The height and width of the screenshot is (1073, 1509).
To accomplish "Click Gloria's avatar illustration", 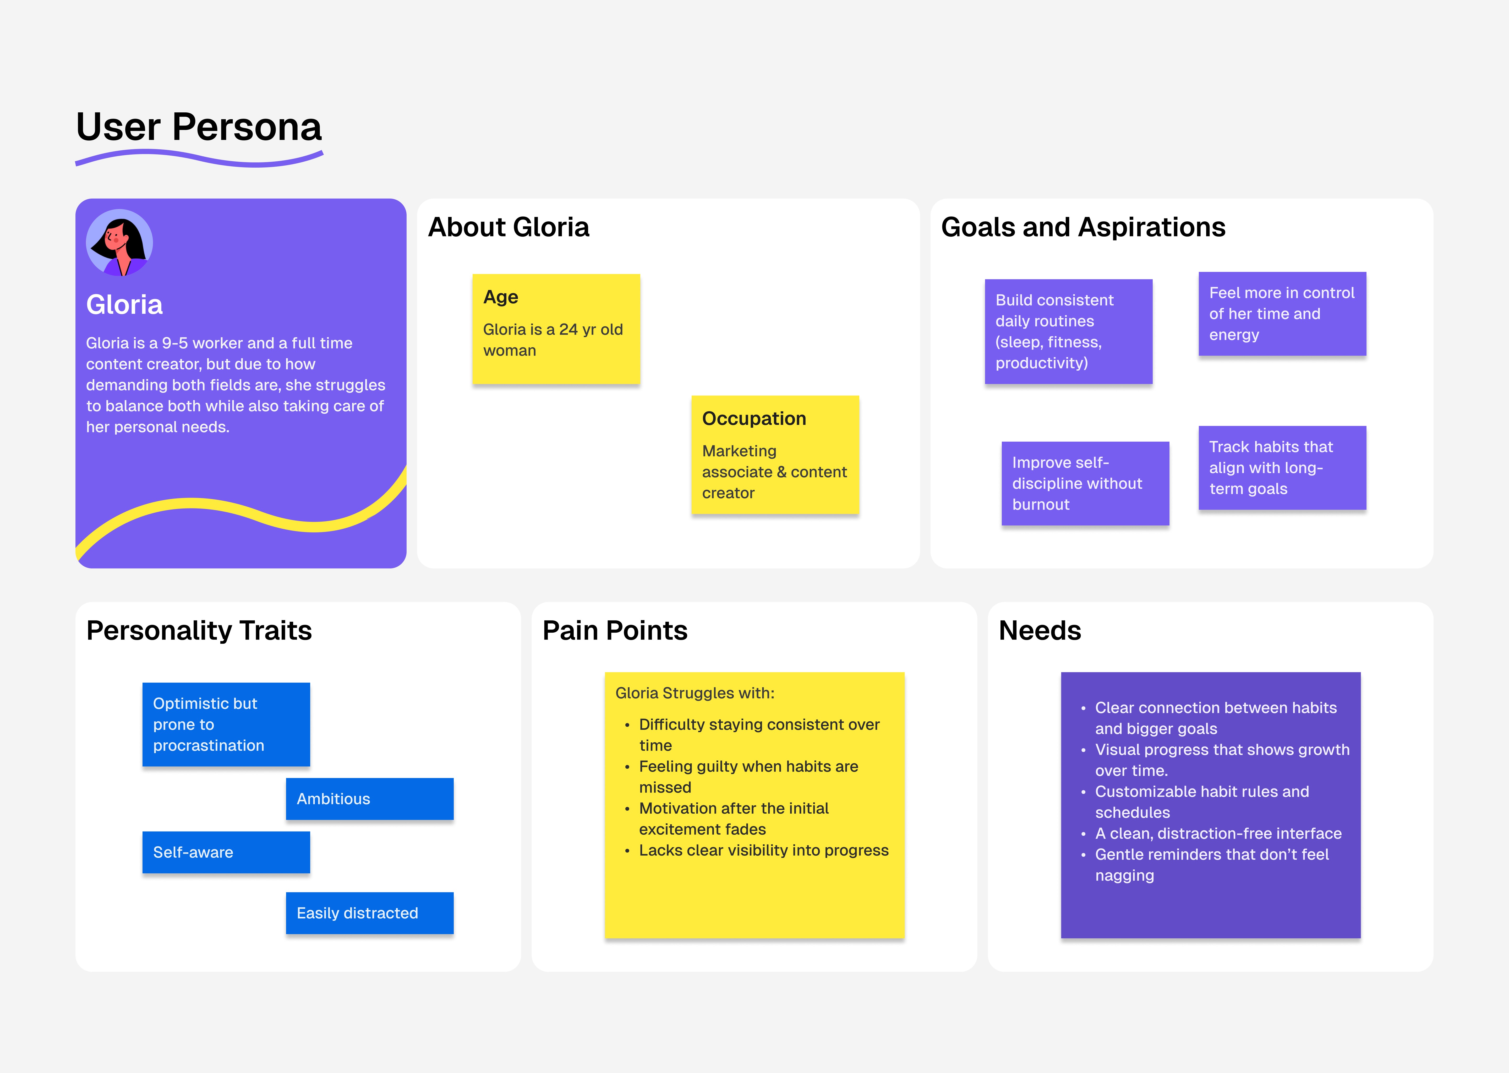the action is pos(119,243).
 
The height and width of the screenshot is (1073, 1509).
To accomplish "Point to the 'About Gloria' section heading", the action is pos(508,227).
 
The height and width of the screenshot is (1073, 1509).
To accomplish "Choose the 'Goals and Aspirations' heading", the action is pos(1083,227).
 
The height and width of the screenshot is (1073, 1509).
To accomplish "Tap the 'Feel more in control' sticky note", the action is pos(1282,314).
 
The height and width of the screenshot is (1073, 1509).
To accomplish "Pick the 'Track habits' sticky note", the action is pos(1282,468).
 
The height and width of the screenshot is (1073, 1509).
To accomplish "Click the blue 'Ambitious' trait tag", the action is pos(369,799).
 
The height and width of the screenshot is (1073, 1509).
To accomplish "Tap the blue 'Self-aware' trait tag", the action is pos(226,852).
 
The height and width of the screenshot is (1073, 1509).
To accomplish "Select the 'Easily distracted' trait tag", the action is pos(369,913).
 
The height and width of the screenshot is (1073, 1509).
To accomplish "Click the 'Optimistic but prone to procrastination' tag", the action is pos(226,724).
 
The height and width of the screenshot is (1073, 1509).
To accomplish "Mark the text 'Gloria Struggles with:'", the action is pos(695,693).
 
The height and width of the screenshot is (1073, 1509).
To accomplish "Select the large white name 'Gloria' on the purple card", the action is pos(124,305).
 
